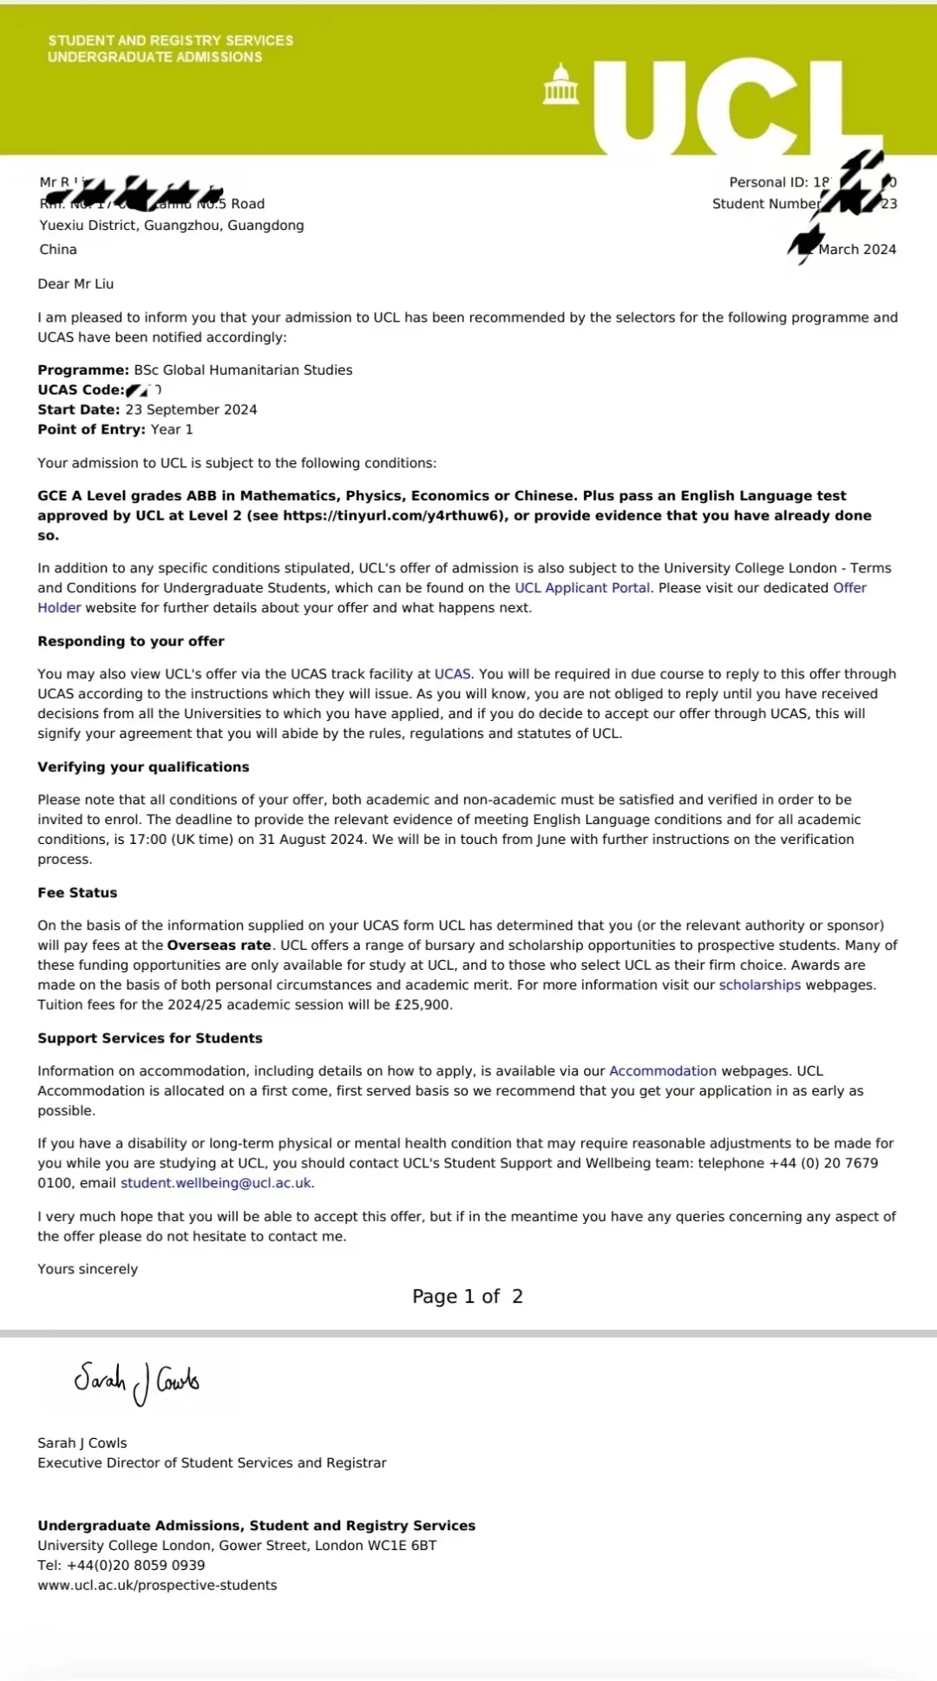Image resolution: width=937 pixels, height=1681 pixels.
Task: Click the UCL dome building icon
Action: pyautogui.click(x=560, y=85)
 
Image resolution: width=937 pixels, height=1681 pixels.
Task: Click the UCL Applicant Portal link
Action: pyautogui.click(x=582, y=588)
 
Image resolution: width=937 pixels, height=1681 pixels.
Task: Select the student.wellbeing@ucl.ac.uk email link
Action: pyautogui.click(x=216, y=1183)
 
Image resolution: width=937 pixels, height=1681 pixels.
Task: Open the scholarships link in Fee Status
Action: pyautogui.click(x=760, y=985)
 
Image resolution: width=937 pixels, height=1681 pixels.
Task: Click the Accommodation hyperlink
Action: pyautogui.click(x=663, y=1071)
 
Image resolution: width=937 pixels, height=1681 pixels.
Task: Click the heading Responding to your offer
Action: pyautogui.click(x=131, y=641)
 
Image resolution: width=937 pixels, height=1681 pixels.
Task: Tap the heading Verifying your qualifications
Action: pyautogui.click(x=143, y=767)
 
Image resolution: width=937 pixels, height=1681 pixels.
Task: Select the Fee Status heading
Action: pyautogui.click(x=77, y=893)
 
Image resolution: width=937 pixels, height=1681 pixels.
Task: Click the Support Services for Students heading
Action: pyautogui.click(x=150, y=1038)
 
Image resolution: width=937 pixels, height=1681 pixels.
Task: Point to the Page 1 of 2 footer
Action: pyautogui.click(x=468, y=1297)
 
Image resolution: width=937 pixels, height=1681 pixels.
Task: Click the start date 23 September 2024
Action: pyautogui.click(x=191, y=409)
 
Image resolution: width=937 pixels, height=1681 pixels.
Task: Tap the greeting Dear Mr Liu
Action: pyautogui.click(x=75, y=284)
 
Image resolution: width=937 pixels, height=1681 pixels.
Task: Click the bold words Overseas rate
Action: pyautogui.click(x=220, y=945)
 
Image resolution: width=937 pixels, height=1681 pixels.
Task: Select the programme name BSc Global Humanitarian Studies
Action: pyautogui.click(x=243, y=370)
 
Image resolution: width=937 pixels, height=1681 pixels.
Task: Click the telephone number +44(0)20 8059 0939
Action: pyautogui.click(x=135, y=1566)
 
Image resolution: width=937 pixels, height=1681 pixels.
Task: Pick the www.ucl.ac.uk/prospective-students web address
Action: pyautogui.click(x=157, y=1586)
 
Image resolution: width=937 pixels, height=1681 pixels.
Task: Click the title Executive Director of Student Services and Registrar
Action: pyautogui.click(x=212, y=1462)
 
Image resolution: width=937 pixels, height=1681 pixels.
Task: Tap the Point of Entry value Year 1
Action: pyautogui.click(x=172, y=429)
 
